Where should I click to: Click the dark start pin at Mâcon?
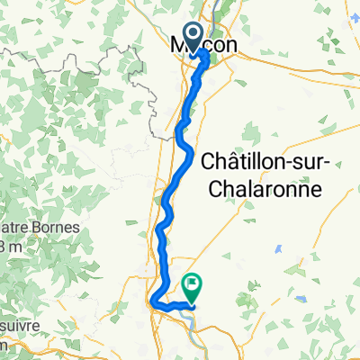[200, 37]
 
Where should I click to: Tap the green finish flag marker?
[193, 286]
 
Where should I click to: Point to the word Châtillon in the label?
[240, 165]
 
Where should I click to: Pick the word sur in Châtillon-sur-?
[305, 165]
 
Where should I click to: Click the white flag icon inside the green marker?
[193, 284]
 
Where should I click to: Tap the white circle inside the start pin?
[200, 34]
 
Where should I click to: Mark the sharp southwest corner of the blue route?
[153, 301]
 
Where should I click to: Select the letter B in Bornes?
[13, 228]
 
